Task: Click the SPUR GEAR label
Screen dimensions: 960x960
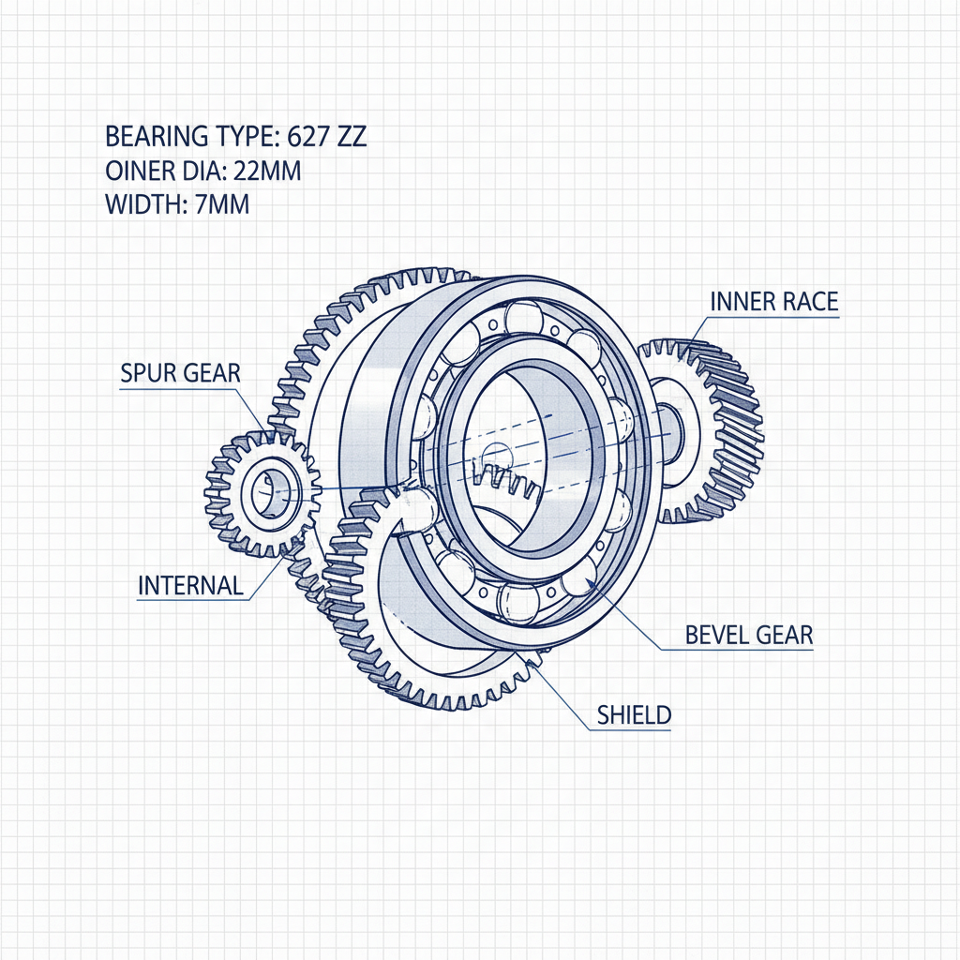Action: point(180,373)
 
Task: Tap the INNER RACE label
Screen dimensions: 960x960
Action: point(773,301)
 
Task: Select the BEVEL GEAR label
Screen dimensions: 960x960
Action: point(749,635)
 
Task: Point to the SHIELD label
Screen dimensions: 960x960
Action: point(634,715)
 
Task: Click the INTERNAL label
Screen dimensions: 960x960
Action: point(190,586)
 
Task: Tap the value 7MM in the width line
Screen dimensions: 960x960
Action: point(222,204)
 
